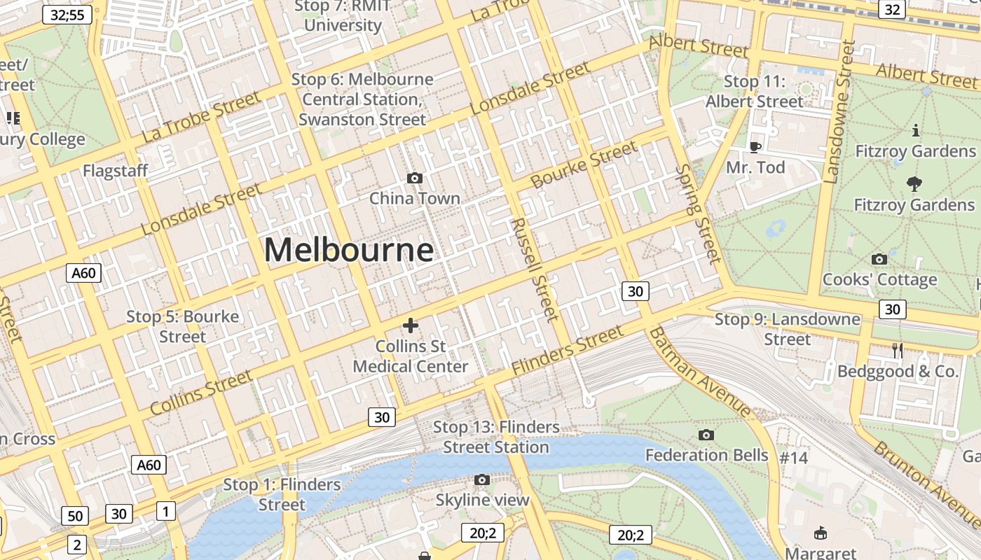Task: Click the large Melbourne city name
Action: coord(349,250)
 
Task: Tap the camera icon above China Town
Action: coord(415,178)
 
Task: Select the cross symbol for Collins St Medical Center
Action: coord(411,325)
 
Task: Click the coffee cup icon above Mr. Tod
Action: coord(755,146)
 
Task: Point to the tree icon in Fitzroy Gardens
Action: coord(914,184)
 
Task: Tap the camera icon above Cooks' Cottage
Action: coord(879,259)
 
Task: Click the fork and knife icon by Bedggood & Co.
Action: coord(898,350)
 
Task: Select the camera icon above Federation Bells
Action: coord(706,435)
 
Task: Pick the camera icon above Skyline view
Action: coord(482,479)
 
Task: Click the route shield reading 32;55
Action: coord(67,15)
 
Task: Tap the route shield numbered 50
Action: coord(75,517)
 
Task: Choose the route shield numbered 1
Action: coord(165,511)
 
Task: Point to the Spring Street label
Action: coord(699,214)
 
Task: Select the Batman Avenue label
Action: coord(700,372)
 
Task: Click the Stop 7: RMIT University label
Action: coord(343,15)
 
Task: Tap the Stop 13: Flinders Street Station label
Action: coord(496,437)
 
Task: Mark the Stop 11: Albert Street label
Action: coord(754,92)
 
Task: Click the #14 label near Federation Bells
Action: coord(794,458)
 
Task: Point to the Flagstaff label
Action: coord(116,171)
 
